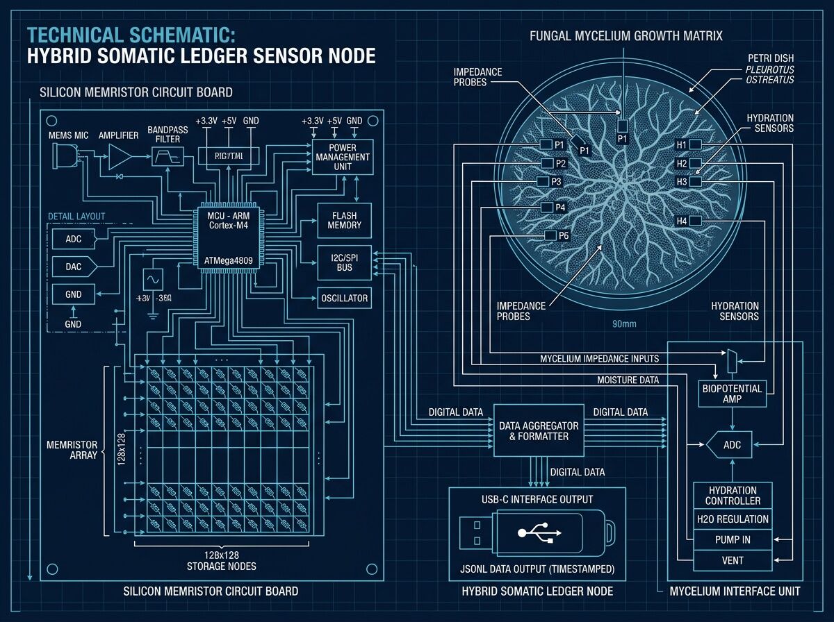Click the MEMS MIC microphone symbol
coord(64,159)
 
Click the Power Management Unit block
coord(342,157)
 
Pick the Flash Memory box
coord(344,221)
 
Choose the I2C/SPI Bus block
coord(344,262)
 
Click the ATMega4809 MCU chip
coord(228,237)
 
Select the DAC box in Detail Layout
coord(73,266)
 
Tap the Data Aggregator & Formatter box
coord(538,430)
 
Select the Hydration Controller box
coord(733,496)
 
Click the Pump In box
coord(733,539)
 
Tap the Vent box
coord(733,560)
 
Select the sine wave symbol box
coord(152,279)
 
